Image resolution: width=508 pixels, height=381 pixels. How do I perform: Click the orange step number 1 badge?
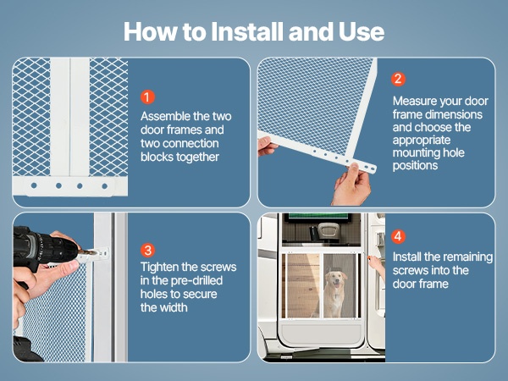147,97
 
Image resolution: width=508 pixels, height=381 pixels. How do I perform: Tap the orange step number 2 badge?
398,79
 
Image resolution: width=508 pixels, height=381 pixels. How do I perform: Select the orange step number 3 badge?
147,250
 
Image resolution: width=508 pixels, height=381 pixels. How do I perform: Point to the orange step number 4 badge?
398,236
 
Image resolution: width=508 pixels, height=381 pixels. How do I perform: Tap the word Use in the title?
362,31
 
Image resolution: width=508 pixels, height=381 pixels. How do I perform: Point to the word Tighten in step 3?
159,268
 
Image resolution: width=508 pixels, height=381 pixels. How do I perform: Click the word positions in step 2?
415,166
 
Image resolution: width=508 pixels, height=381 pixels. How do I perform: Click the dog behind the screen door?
335,293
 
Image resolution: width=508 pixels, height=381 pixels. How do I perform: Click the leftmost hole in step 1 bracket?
34,185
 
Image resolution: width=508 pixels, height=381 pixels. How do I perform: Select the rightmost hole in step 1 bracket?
105,186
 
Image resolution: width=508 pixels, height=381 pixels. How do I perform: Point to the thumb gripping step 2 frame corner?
355,170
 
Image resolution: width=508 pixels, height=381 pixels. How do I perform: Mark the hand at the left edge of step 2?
267,146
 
